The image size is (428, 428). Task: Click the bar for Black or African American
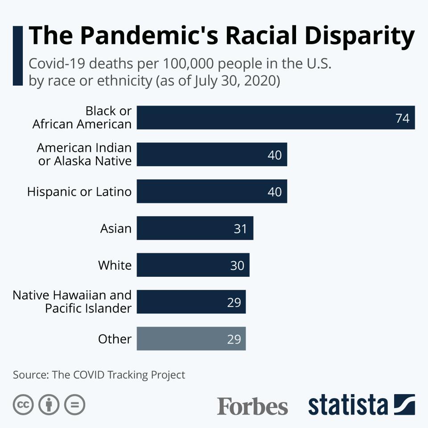pyautogui.click(x=276, y=118)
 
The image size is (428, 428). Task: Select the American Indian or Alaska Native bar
pyautogui.click(x=212, y=154)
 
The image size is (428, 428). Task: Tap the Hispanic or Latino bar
pyautogui.click(x=212, y=191)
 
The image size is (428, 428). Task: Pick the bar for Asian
pyautogui.click(x=195, y=228)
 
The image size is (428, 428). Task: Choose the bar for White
pyautogui.click(x=193, y=265)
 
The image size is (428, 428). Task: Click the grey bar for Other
pyautogui.click(x=191, y=339)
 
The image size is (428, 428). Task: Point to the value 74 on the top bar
pyautogui.click(x=402, y=118)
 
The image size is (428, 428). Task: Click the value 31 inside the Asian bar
pyautogui.click(x=240, y=229)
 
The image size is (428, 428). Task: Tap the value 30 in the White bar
pyautogui.click(x=237, y=265)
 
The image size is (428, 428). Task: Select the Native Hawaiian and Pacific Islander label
pyautogui.click(x=72, y=301)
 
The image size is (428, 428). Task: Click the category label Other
pyautogui.click(x=115, y=339)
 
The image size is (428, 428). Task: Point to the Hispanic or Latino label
pyautogui.click(x=79, y=192)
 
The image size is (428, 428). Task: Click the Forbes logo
pyautogui.click(x=252, y=406)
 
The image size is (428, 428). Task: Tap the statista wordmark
pyautogui.click(x=348, y=405)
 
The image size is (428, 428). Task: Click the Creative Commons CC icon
pyautogui.click(x=23, y=405)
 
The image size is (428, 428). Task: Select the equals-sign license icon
pyautogui.click(x=74, y=405)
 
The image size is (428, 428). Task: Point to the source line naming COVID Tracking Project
pyautogui.click(x=99, y=374)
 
